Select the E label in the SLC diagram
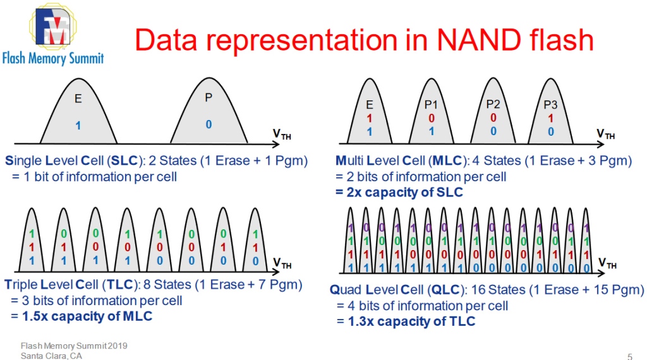tap(78, 99)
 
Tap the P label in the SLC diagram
tap(209, 98)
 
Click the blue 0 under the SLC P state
tap(209, 124)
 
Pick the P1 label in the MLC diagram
tap(431, 104)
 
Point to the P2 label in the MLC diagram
tap(493, 104)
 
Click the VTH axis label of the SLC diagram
tap(282, 134)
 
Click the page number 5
tap(629, 355)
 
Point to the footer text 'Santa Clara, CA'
tap(51, 355)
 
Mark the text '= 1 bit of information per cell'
tap(94, 176)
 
